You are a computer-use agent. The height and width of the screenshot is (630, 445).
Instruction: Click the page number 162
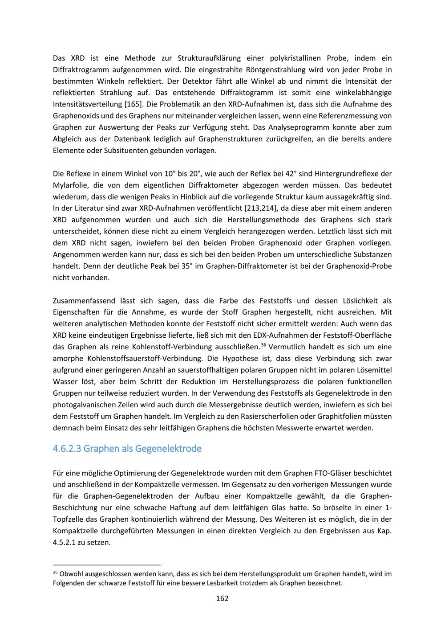222,598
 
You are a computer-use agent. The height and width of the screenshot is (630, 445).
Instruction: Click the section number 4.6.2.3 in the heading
67,448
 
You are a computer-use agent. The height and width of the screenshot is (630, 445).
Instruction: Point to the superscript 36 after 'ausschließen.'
263,344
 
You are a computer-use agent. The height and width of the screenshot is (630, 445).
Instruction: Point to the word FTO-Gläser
349,473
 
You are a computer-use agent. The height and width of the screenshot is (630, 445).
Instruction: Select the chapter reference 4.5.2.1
64,542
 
